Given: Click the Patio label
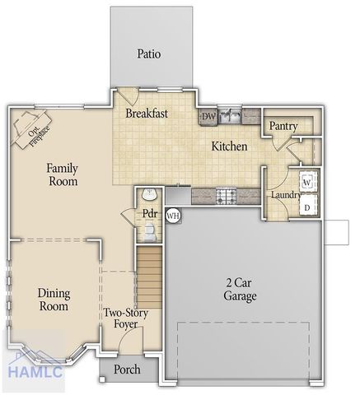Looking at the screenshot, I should pyautogui.click(x=149, y=54).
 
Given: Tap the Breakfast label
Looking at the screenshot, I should pyautogui.click(x=147, y=114).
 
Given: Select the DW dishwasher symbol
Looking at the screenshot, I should pyautogui.click(x=208, y=118).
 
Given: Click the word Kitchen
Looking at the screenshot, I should pyautogui.click(x=230, y=146).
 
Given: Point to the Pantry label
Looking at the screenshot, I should pyautogui.click(x=283, y=126).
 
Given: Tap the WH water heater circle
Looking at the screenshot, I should pyautogui.click(x=173, y=216).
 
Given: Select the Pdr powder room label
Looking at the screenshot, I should pyautogui.click(x=149, y=213).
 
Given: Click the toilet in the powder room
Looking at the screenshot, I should pyautogui.click(x=148, y=194).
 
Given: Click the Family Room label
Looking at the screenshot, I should pyautogui.click(x=62, y=173).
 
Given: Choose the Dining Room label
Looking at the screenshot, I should pyautogui.click(x=54, y=300).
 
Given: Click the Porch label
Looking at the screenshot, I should pyautogui.click(x=127, y=369).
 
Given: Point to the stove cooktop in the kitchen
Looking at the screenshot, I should pyautogui.click(x=227, y=195).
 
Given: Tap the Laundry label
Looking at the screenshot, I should pyautogui.click(x=285, y=195).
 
